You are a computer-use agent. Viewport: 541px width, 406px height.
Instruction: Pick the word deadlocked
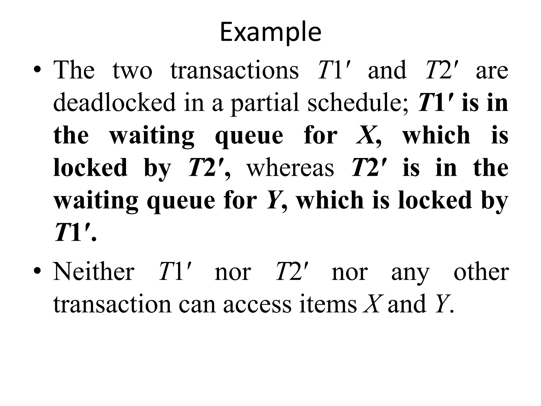point(114,103)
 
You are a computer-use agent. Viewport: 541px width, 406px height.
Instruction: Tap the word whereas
point(290,168)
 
